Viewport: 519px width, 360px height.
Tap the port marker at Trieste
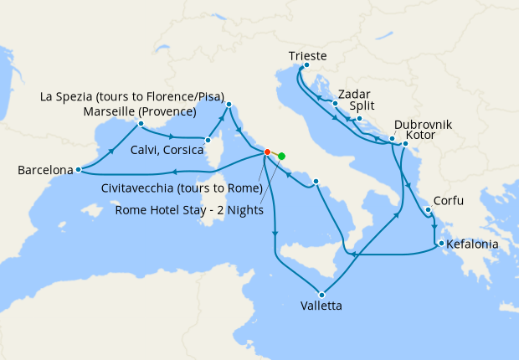click(x=306, y=66)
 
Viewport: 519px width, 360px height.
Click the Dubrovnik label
click(x=422, y=124)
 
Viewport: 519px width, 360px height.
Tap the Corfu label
click(x=449, y=202)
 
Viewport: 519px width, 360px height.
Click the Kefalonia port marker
click(x=438, y=244)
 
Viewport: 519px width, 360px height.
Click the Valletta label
click(x=321, y=306)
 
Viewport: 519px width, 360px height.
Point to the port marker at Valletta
click(x=321, y=293)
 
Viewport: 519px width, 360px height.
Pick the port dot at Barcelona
click(x=77, y=170)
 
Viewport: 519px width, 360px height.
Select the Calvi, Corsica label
click(x=167, y=150)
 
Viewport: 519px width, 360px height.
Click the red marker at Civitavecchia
click(x=267, y=152)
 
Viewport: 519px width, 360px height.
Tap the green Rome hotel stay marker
click(x=281, y=156)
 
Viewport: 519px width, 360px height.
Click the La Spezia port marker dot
click(x=228, y=104)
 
